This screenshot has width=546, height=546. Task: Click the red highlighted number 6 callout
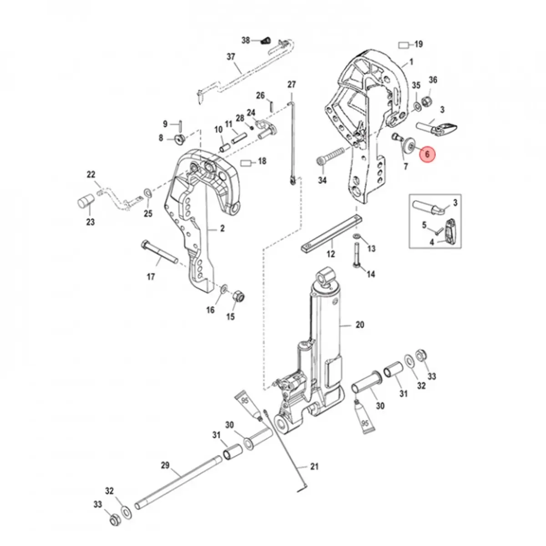427,154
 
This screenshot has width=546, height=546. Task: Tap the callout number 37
231,57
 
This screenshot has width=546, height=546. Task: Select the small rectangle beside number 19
404,45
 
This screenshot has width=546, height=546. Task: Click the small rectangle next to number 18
247,162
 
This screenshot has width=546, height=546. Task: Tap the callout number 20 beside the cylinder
360,325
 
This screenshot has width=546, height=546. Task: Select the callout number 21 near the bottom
314,466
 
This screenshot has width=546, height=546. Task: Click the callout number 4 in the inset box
432,243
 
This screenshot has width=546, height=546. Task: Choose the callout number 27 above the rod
292,84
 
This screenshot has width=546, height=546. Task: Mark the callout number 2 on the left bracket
222,229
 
